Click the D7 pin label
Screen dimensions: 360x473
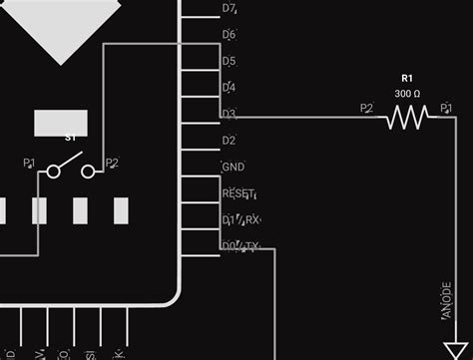[229, 9]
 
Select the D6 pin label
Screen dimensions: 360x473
[229, 35]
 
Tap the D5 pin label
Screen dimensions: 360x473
[229, 62]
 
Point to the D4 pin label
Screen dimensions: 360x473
[229, 88]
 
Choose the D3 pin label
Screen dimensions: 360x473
[229, 114]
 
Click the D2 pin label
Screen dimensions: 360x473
[229, 141]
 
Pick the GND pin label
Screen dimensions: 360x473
[233, 167]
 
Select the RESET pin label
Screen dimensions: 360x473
[238, 193]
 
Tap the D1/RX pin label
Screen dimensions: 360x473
[240, 219]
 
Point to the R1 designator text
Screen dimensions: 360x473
[407, 77]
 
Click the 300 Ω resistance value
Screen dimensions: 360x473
[407, 93]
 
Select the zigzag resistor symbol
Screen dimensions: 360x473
[407, 118]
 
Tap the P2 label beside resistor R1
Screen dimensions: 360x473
[366, 109]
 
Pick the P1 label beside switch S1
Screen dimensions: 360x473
[29, 163]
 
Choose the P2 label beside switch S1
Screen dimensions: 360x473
[112, 163]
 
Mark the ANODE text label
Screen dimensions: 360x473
[445, 302]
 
